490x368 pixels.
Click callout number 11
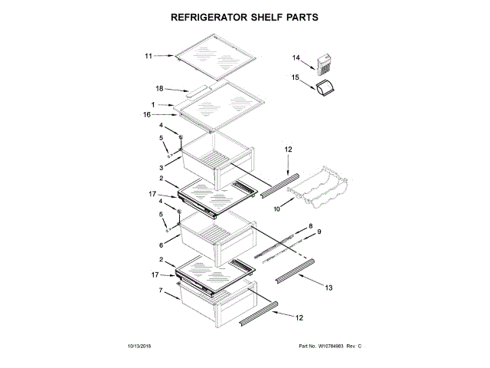tap(149, 55)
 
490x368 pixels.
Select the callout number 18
tap(161, 89)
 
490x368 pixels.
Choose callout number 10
tap(277, 206)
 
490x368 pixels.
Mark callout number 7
tap(162, 291)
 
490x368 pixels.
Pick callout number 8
tap(311, 226)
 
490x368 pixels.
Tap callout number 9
tap(320, 232)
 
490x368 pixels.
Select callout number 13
tap(328, 287)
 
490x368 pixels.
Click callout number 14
tap(296, 58)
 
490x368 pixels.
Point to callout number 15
tap(296, 77)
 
